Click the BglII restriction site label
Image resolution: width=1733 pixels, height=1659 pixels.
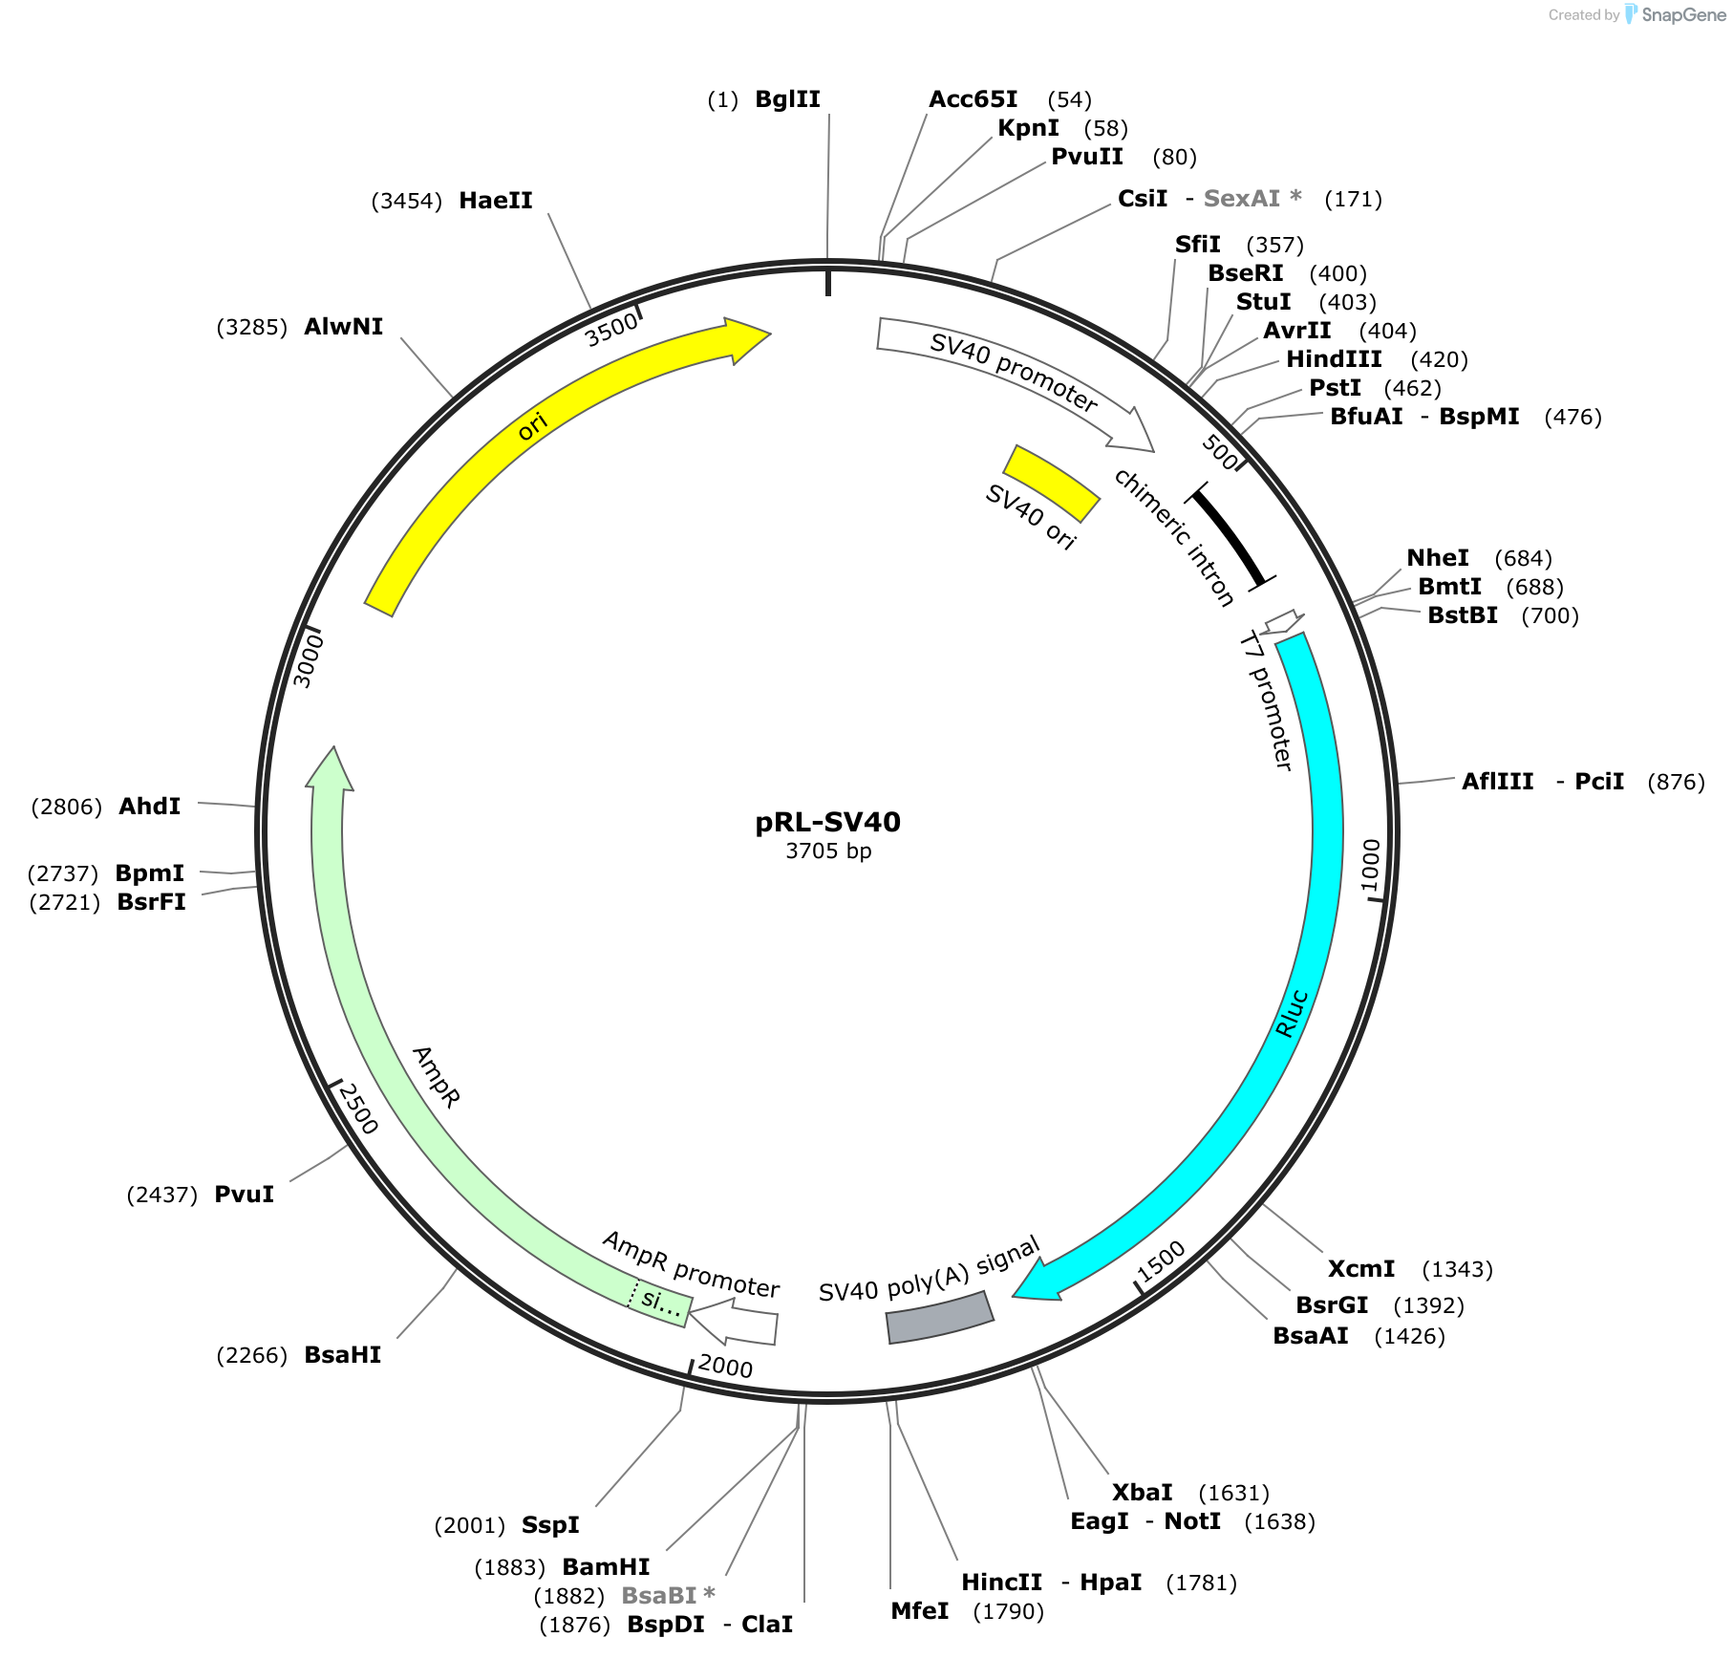[787, 99]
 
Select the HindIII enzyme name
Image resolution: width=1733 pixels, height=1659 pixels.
[1334, 359]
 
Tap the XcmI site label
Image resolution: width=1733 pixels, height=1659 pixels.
[1361, 1269]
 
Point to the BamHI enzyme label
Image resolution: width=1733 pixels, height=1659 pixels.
[606, 1567]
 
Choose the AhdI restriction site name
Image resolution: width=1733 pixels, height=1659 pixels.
[150, 807]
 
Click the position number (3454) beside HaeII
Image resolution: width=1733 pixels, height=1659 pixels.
[407, 201]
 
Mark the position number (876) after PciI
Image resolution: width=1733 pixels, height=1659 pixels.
[1677, 782]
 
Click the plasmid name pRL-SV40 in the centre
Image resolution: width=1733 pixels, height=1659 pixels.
[828, 822]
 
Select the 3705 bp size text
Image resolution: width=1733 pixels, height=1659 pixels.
[828, 851]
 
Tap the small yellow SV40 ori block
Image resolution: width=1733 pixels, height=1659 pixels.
[1051, 483]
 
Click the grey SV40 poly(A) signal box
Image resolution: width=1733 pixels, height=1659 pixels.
[940, 1318]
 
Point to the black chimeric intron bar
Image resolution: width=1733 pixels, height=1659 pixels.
[1229, 539]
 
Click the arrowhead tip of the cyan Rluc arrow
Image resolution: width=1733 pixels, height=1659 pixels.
[1013, 1297]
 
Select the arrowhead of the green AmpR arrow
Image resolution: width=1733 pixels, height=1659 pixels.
[331, 770]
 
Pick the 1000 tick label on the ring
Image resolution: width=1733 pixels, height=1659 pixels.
[1371, 865]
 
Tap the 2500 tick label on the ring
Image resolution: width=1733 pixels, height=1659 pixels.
[358, 1109]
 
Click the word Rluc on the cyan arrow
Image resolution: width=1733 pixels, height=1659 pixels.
[1292, 1014]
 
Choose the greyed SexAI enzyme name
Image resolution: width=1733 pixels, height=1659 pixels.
[1241, 199]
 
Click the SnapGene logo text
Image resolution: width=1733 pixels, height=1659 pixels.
[1684, 14]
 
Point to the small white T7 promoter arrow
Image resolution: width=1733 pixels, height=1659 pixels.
[1283, 622]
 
